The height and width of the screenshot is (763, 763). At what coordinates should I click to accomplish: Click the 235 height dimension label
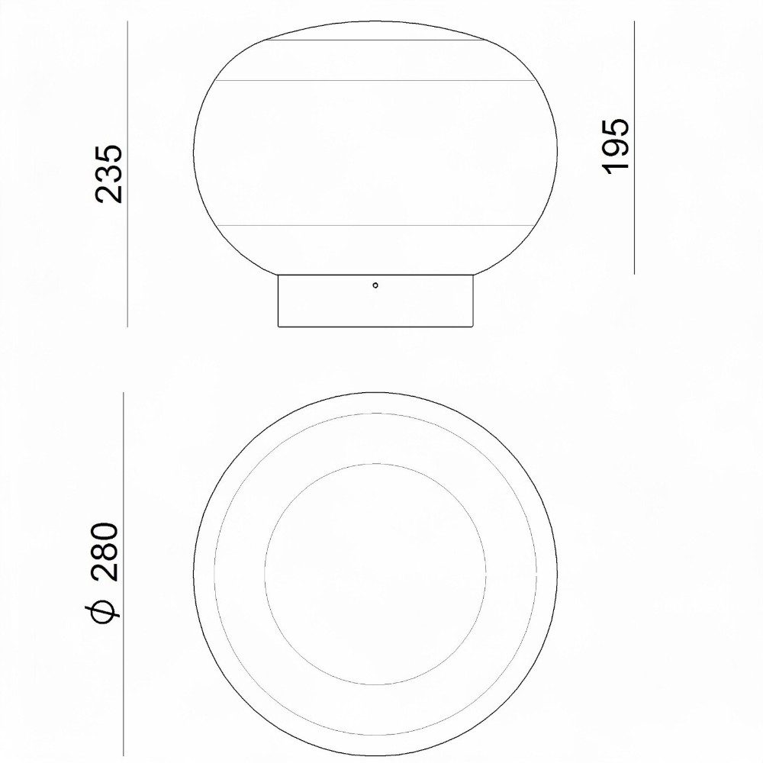(x=108, y=172)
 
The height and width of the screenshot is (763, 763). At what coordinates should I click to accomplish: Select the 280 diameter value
(x=104, y=552)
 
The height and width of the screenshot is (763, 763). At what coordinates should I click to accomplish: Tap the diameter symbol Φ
(x=104, y=604)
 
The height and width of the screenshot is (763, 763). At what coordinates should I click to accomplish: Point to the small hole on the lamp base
(x=375, y=285)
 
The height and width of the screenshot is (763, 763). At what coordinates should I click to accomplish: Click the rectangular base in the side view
(x=375, y=300)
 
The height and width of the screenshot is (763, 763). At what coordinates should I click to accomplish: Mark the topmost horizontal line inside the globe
(x=375, y=40)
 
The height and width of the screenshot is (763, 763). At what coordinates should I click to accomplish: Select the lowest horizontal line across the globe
(x=375, y=225)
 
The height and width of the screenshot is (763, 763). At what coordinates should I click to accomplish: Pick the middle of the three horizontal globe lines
(x=375, y=80)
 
